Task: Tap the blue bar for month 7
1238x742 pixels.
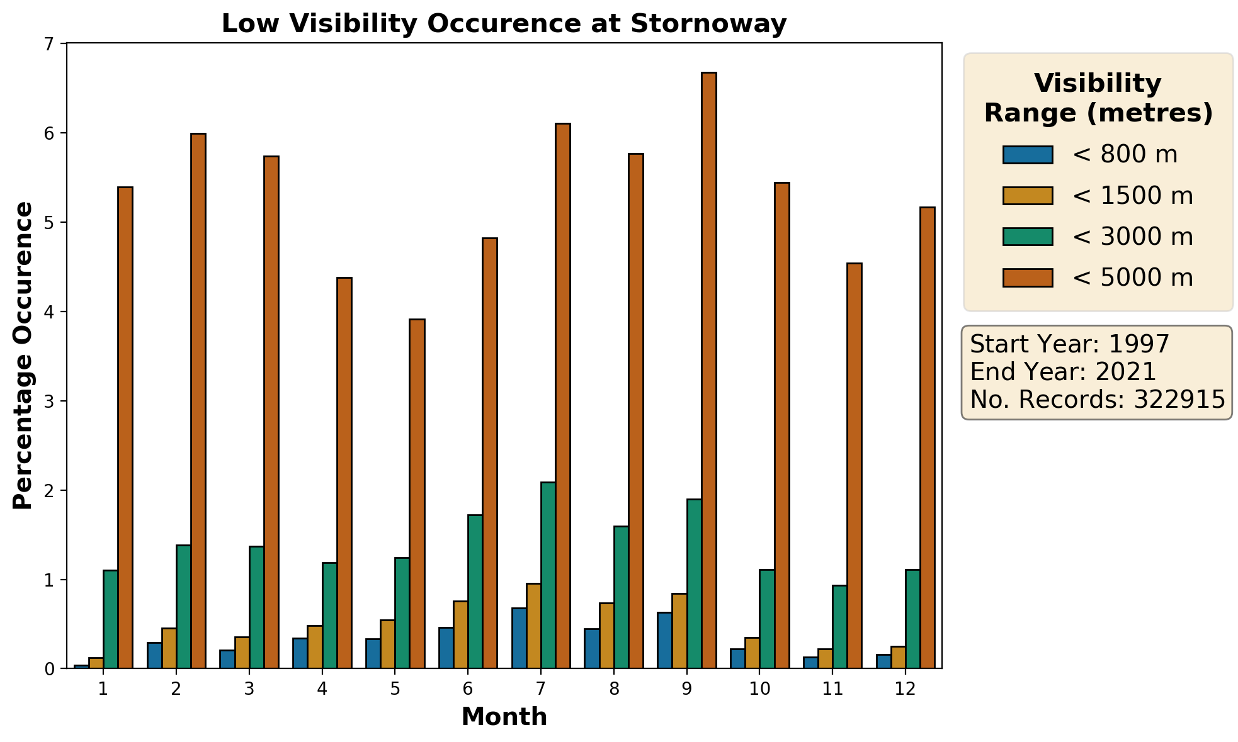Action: (x=519, y=638)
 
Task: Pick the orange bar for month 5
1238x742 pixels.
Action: (x=417, y=493)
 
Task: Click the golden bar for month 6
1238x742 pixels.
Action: (x=460, y=634)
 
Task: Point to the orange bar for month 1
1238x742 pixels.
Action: (x=125, y=427)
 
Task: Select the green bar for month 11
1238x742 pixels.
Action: (x=839, y=626)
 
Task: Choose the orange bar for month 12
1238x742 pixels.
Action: (x=927, y=437)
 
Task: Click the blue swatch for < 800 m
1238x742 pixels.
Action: (x=1028, y=155)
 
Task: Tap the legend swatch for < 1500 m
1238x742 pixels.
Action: (x=1028, y=196)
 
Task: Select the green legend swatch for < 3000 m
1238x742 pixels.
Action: (x=1028, y=237)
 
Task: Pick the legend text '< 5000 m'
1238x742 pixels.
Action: (x=1132, y=278)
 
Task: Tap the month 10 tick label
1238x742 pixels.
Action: (x=759, y=689)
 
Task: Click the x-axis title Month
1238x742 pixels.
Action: (x=504, y=717)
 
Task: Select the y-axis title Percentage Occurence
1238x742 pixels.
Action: (x=23, y=356)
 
